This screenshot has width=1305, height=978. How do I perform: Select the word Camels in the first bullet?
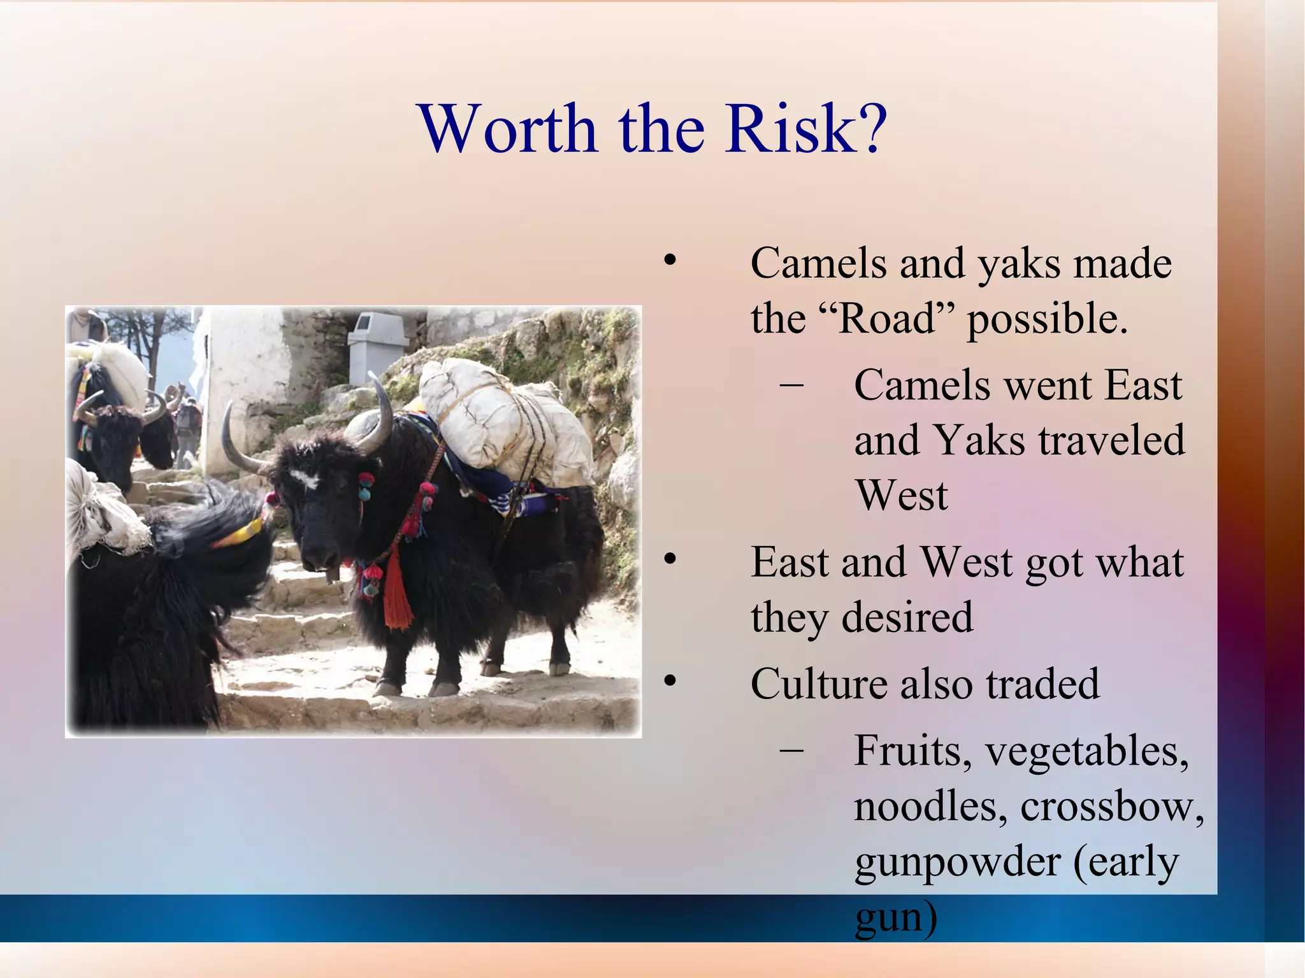(x=818, y=263)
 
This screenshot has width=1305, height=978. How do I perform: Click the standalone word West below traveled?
(x=901, y=496)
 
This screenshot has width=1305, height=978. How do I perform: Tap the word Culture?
(x=818, y=684)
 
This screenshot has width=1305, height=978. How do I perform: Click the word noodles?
(x=930, y=807)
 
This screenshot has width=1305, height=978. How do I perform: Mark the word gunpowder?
(x=957, y=863)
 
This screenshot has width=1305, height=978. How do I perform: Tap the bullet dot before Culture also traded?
(x=669, y=681)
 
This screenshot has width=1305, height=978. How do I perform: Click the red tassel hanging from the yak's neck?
(x=397, y=593)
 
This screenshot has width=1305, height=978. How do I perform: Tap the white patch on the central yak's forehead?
(x=305, y=478)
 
